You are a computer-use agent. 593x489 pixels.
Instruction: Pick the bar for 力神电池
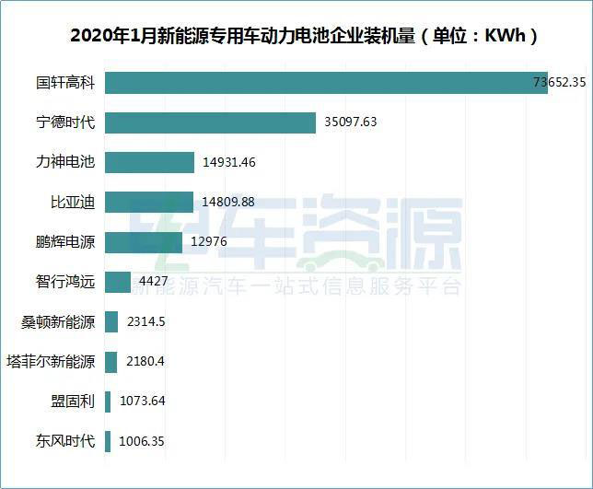(149, 162)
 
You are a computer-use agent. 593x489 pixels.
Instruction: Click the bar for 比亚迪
(149, 202)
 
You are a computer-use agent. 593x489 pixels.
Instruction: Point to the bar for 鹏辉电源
(144, 242)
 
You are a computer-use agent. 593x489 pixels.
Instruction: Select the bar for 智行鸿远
(118, 282)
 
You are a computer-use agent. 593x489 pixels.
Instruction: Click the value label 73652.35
(560, 82)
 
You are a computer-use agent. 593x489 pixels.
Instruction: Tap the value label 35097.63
(351, 122)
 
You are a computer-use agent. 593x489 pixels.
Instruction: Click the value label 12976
(208, 242)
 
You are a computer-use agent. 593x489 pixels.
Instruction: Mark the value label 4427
(153, 282)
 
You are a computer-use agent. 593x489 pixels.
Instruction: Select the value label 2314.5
(145, 322)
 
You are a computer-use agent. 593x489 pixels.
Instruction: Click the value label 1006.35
(142, 442)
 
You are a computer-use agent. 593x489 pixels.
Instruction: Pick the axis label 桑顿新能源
(58, 322)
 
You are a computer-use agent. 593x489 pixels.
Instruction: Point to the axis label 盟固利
(73, 402)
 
